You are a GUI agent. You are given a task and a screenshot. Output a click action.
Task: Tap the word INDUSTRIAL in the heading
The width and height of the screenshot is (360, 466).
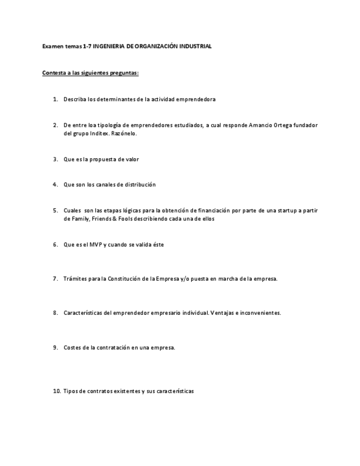(x=195, y=47)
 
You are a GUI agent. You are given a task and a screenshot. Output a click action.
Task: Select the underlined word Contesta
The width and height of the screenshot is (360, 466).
(x=54, y=73)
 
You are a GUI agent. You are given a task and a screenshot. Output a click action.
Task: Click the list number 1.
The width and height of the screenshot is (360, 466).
(x=55, y=99)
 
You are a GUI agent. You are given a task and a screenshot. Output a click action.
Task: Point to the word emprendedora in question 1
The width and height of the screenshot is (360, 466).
(x=196, y=99)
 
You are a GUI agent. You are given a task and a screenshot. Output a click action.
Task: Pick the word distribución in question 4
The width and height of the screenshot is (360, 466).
(x=139, y=185)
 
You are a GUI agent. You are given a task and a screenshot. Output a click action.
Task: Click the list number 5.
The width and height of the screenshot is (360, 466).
(x=55, y=210)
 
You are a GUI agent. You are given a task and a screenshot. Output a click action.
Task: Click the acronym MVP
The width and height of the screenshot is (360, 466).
(x=96, y=245)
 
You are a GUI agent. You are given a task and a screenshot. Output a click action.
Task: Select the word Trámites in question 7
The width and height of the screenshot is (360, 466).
(x=75, y=279)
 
